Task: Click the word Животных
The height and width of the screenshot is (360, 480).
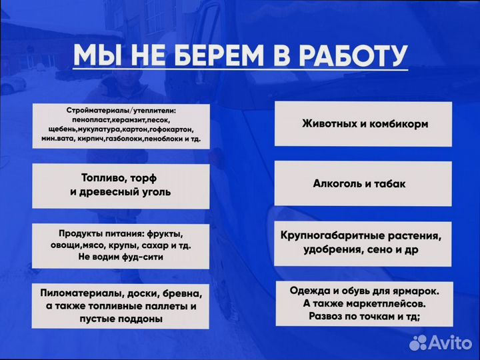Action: (x=330, y=124)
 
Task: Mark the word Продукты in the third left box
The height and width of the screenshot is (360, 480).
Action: (x=82, y=233)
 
